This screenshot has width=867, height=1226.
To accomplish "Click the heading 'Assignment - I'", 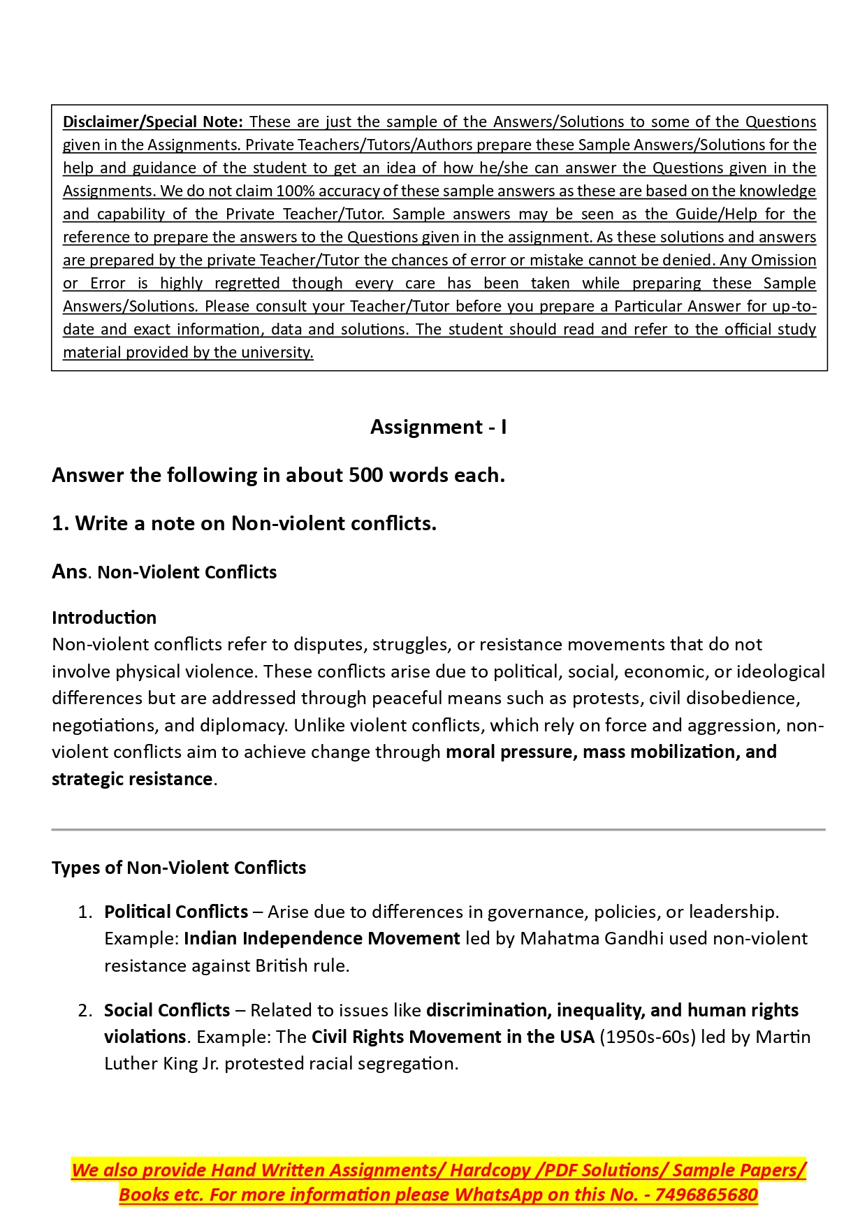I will point(438,427).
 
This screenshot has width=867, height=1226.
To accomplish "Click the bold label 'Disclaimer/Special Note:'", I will point(153,122).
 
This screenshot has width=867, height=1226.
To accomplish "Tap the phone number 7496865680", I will point(706,1195).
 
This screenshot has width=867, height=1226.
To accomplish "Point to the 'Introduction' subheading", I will point(104,618).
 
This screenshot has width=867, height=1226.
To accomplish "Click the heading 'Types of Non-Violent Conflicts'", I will point(179,868).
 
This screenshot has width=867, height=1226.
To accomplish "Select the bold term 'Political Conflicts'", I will point(176,912).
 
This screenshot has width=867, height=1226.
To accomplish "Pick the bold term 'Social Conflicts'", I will point(167,1010).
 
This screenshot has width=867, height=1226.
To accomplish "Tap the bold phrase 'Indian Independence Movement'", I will point(321,938).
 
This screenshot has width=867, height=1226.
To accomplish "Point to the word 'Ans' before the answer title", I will point(69,571).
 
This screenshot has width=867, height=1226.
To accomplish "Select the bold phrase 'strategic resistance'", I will point(132,779).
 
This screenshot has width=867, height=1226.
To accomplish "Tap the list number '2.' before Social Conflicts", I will point(85,1011).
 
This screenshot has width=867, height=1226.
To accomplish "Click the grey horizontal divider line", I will point(438,830).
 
